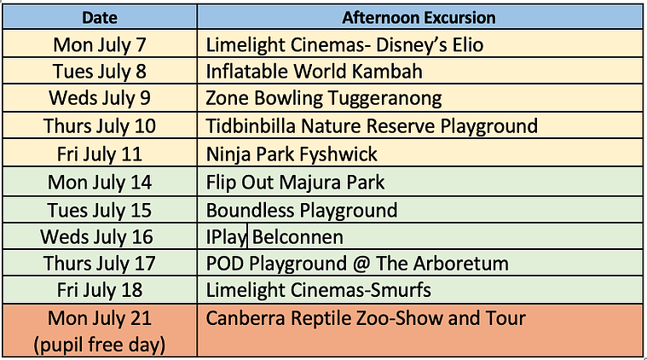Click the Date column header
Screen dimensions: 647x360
tap(100, 17)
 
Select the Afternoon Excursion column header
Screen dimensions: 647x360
tap(419, 17)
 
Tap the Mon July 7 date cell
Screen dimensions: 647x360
tap(100, 44)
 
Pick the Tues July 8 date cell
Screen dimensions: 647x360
tap(100, 71)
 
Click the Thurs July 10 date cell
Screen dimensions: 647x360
tap(100, 126)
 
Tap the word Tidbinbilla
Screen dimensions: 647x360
tap(251, 126)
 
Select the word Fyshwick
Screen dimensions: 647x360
tap(338, 154)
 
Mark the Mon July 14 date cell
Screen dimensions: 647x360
tap(100, 182)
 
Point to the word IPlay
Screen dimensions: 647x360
tap(226, 237)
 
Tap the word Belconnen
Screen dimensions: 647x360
tap(298, 237)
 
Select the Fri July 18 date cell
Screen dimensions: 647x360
tap(100, 290)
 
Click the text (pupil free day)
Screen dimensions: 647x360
tap(100, 345)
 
